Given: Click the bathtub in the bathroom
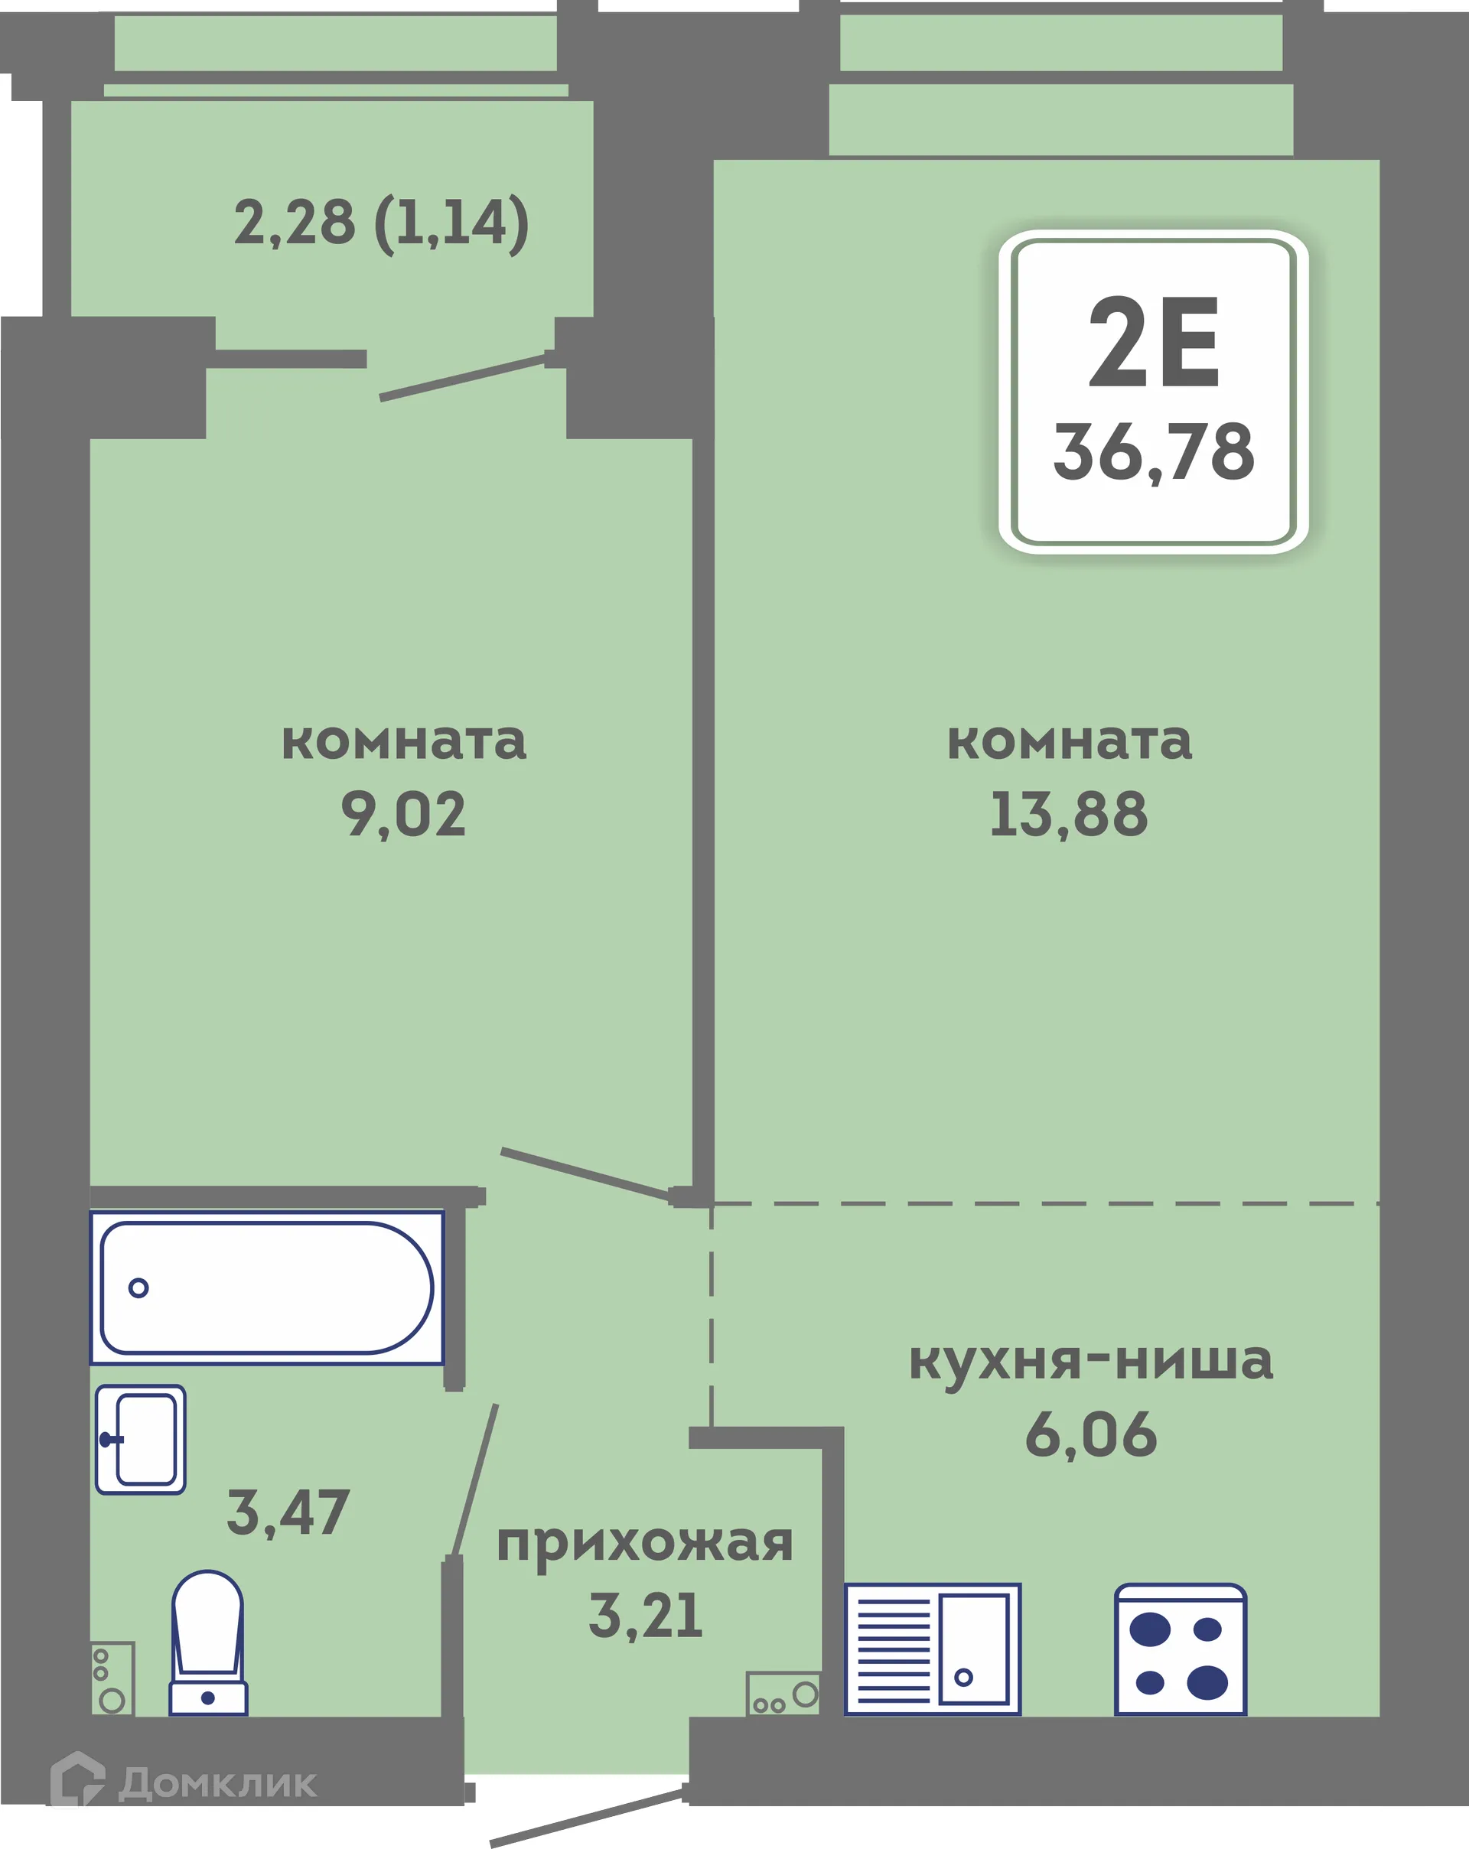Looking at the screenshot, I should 267,1287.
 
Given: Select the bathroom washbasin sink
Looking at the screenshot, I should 141,1439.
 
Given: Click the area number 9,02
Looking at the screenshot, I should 403,814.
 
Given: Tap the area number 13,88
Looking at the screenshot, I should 1069,814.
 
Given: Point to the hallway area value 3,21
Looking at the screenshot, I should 645,1616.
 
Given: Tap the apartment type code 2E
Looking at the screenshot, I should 1154,343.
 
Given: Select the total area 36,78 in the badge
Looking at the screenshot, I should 1154,453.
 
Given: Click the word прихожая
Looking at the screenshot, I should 645,1545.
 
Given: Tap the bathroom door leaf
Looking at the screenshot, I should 475,1480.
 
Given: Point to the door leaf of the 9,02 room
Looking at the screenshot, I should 586,1174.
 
